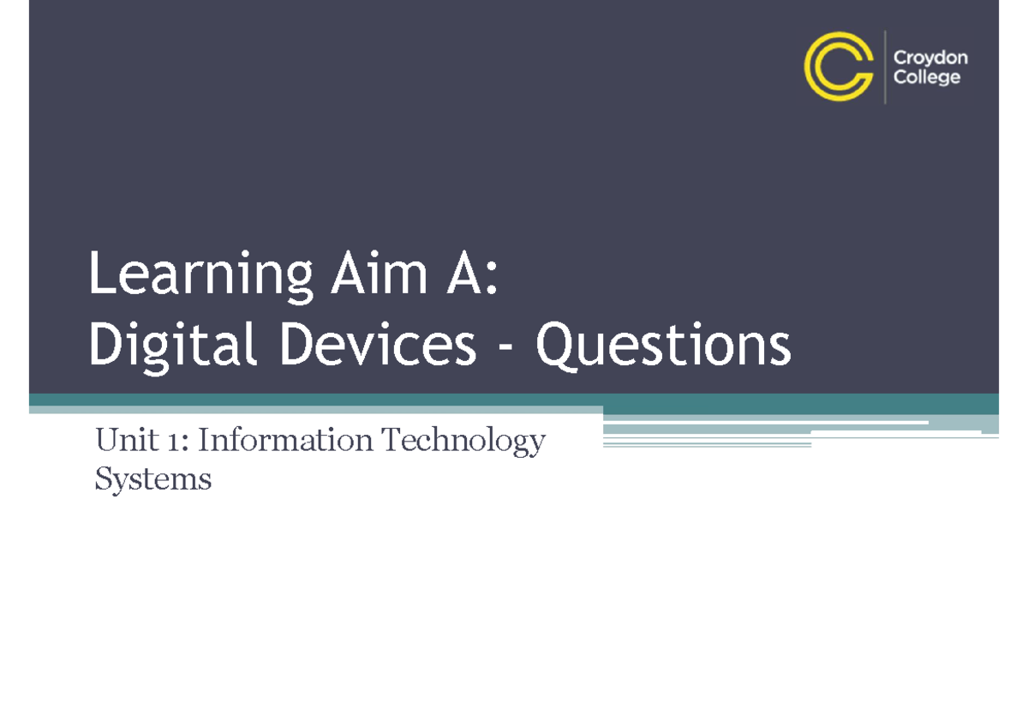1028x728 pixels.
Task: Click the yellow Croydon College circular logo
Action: (839, 66)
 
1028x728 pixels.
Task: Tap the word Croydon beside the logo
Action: (930, 57)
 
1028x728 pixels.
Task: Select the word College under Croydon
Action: (927, 77)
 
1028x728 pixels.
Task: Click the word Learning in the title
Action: (200, 276)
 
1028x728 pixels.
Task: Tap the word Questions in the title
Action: (663, 346)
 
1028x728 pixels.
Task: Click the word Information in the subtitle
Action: (286, 441)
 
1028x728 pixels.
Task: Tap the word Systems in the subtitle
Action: (152, 479)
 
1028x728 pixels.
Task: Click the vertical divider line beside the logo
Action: (884, 67)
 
